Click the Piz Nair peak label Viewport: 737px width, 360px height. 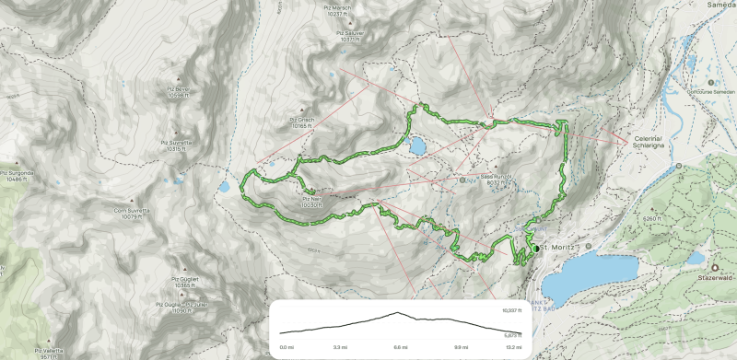[x=310, y=202]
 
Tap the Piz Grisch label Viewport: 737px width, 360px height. [x=304, y=122]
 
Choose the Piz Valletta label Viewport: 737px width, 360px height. [x=53, y=352]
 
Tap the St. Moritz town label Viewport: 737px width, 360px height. [x=556, y=247]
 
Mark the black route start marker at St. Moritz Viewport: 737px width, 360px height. [x=535, y=249]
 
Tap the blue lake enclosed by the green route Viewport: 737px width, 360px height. [x=417, y=145]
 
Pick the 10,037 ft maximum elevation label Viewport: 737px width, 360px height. [x=513, y=311]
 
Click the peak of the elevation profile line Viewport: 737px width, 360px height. [x=398, y=313]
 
